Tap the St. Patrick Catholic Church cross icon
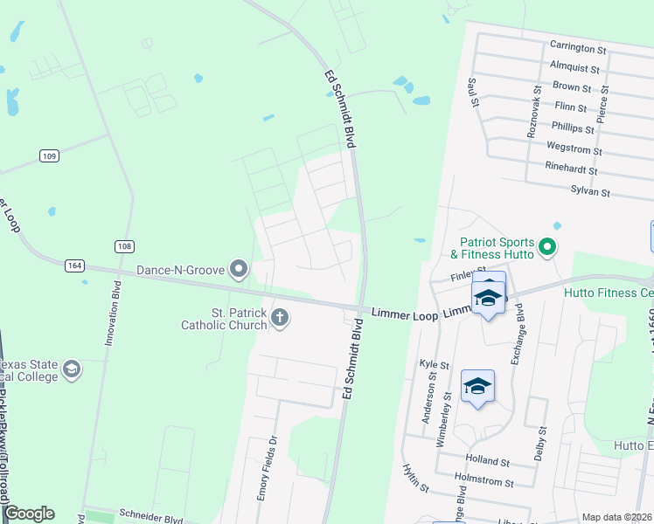pos(280,316)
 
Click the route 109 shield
pos(49,155)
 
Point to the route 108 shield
pos(124,246)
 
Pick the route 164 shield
pos(72,265)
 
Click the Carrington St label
pos(578,47)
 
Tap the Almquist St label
pos(574,67)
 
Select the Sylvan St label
pos(589,190)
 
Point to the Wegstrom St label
pos(574,149)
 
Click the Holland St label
pos(488,460)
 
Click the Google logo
pos(29,514)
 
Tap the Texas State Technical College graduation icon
pos(72,369)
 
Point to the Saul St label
pos(473,91)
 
